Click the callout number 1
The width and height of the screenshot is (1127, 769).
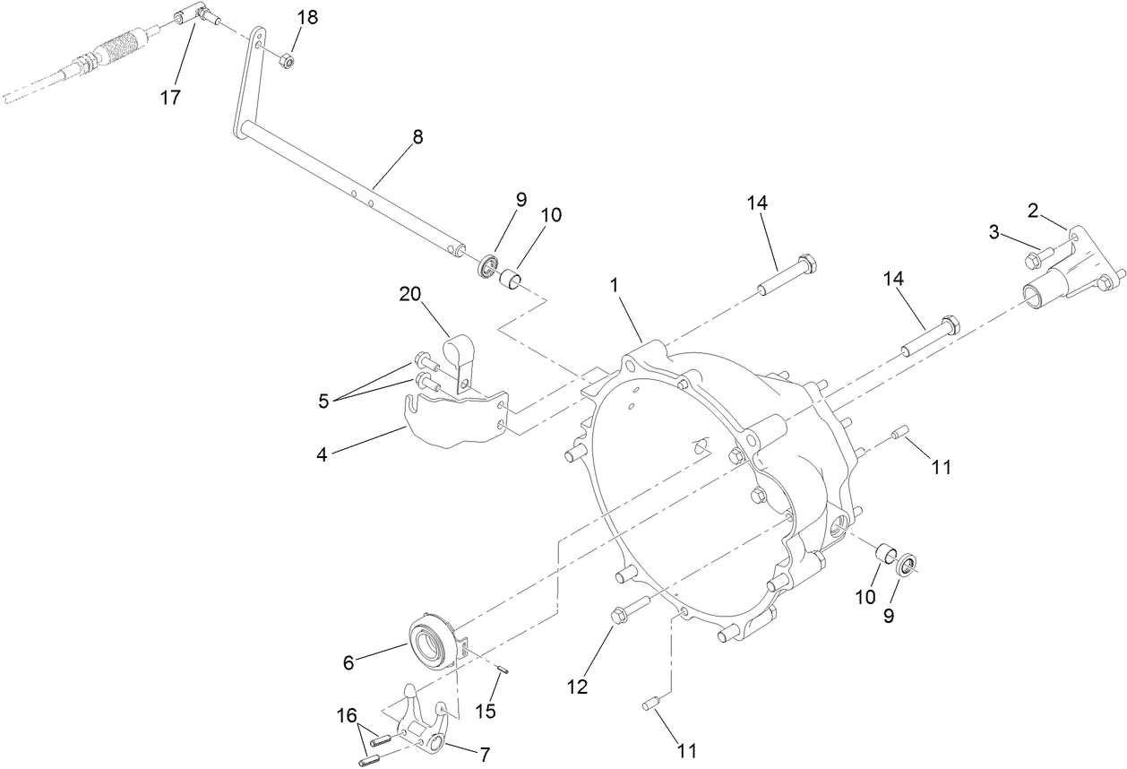pos(615,285)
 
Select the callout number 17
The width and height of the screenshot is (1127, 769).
pos(170,98)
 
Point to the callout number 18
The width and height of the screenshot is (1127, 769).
pos(307,19)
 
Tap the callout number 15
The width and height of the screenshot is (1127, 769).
pos(485,712)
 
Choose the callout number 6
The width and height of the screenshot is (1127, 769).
pos(349,662)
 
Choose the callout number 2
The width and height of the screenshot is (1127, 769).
pos(1033,211)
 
